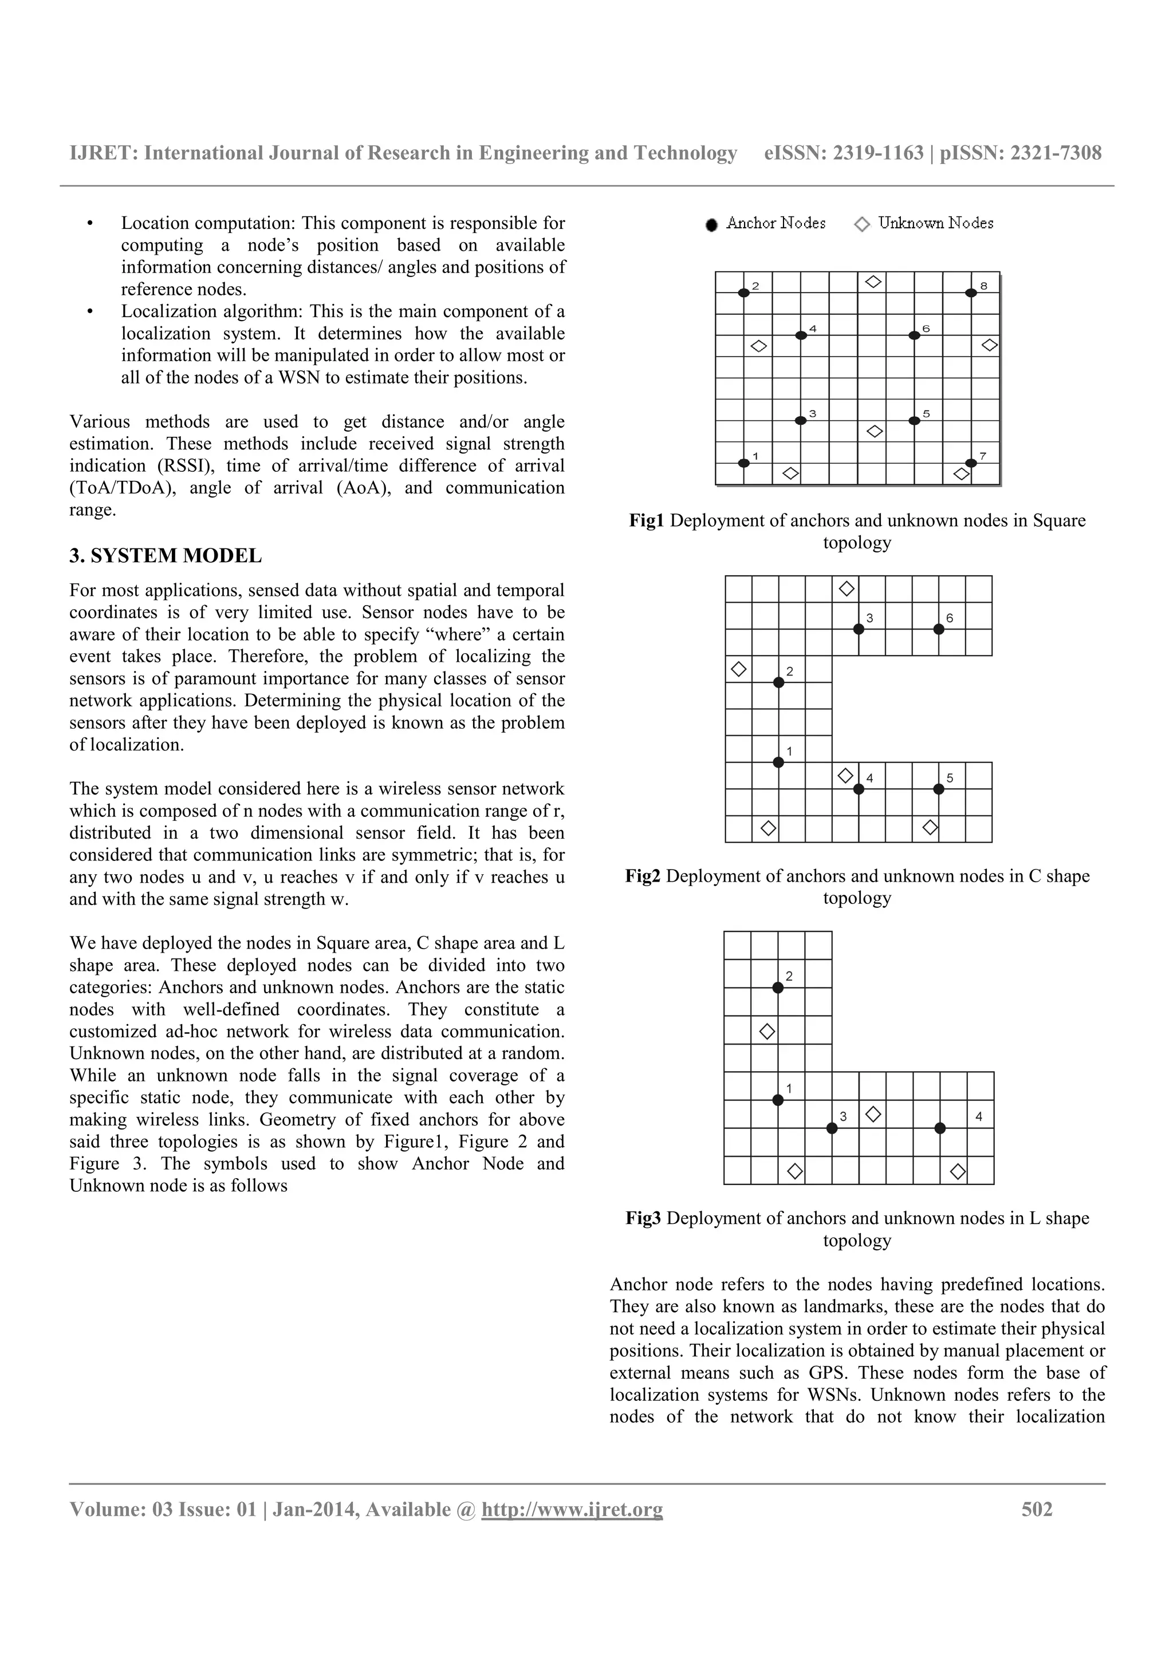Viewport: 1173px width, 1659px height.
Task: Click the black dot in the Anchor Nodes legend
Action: click(712, 226)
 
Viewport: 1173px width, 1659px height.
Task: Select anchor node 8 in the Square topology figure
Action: click(971, 293)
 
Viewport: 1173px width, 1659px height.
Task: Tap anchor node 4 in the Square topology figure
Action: click(800, 335)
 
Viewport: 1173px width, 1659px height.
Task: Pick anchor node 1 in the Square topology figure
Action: click(743, 463)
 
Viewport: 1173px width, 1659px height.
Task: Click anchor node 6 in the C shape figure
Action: click(939, 629)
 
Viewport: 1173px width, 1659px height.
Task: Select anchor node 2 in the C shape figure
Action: click(778, 682)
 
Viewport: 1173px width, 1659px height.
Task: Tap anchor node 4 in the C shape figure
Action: click(859, 789)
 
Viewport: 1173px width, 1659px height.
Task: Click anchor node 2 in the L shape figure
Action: click(778, 987)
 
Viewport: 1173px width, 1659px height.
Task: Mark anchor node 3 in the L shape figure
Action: click(832, 1128)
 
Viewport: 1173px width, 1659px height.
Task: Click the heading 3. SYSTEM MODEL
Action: click(166, 556)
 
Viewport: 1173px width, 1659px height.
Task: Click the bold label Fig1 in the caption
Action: click(646, 521)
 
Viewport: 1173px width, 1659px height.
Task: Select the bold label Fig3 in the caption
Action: click(643, 1218)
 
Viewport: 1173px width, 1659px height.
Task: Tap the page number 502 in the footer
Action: click(1037, 1510)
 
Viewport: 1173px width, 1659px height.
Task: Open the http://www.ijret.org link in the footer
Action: click(572, 1510)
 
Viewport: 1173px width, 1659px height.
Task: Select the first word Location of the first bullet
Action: click(155, 223)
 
